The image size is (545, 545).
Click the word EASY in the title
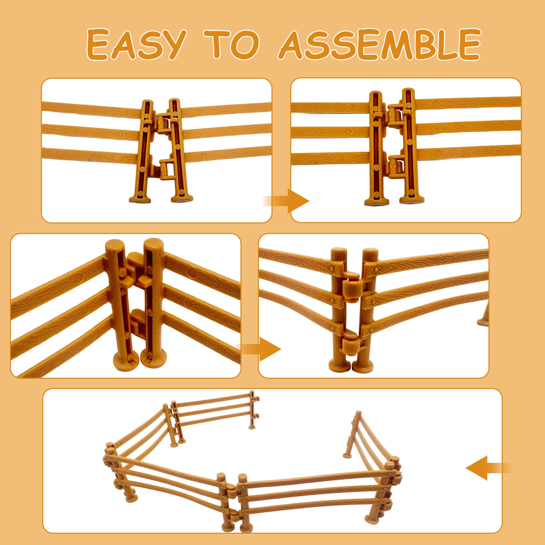pyautogui.click(x=136, y=44)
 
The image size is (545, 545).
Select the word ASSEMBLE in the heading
pyautogui.click(x=379, y=44)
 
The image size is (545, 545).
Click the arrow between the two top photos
pyautogui.click(x=286, y=201)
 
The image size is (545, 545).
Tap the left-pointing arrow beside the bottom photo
pyautogui.click(x=488, y=468)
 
